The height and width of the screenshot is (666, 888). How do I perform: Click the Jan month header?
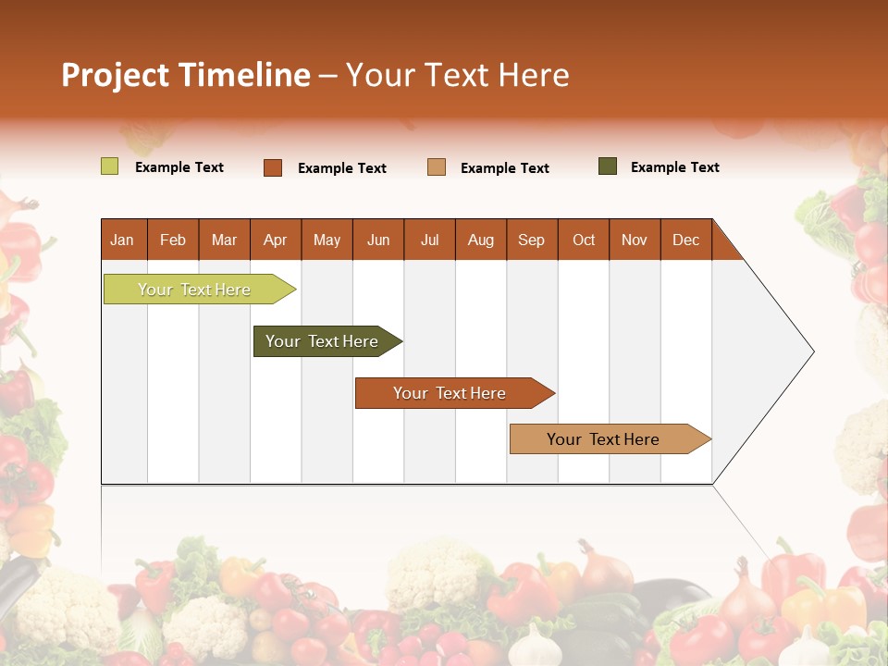click(x=122, y=240)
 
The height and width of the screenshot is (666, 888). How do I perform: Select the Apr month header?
click(x=275, y=240)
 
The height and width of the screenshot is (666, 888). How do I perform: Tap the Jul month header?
click(x=429, y=240)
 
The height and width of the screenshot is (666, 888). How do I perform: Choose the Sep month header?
click(x=531, y=240)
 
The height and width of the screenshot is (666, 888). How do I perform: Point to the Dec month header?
click(x=685, y=240)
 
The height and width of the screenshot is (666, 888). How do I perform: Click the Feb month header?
click(x=173, y=240)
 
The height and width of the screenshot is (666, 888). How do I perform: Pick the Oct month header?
click(x=584, y=240)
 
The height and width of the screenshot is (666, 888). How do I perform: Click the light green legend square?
click(x=110, y=166)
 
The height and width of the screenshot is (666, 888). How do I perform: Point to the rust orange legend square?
click(x=273, y=167)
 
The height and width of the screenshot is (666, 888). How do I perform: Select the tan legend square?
click(x=437, y=167)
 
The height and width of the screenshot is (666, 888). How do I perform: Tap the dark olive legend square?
click(x=608, y=166)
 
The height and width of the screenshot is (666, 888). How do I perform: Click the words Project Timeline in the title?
click(x=185, y=75)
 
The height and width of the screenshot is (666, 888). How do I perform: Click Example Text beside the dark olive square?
click(x=674, y=167)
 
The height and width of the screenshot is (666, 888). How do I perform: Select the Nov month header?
click(x=635, y=240)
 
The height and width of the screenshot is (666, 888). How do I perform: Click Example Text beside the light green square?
click(x=179, y=167)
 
